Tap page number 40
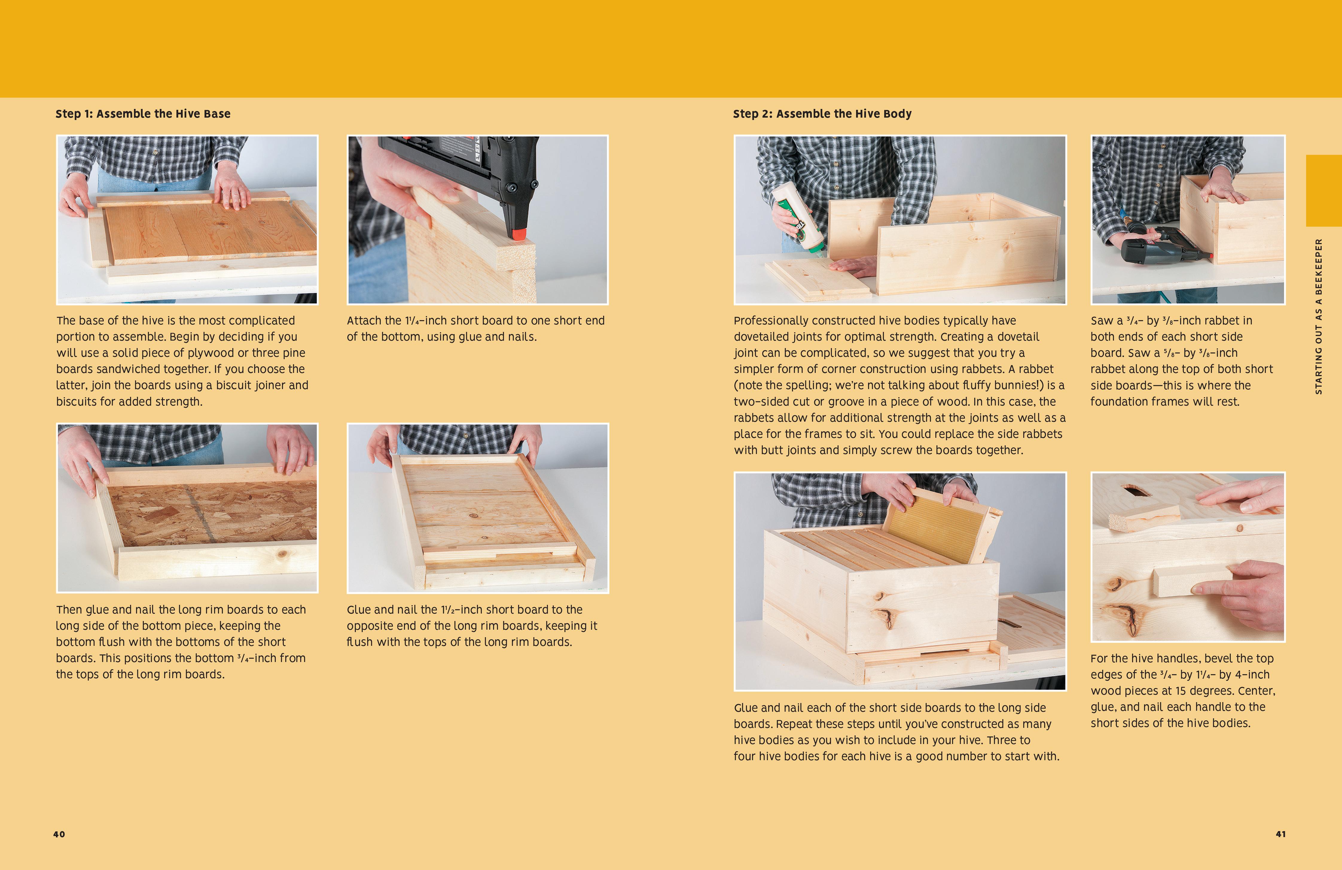tap(59, 834)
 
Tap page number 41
tap(1280, 834)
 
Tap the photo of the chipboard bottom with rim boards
tap(187, 508)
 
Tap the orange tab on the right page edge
tap(1324, 191)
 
